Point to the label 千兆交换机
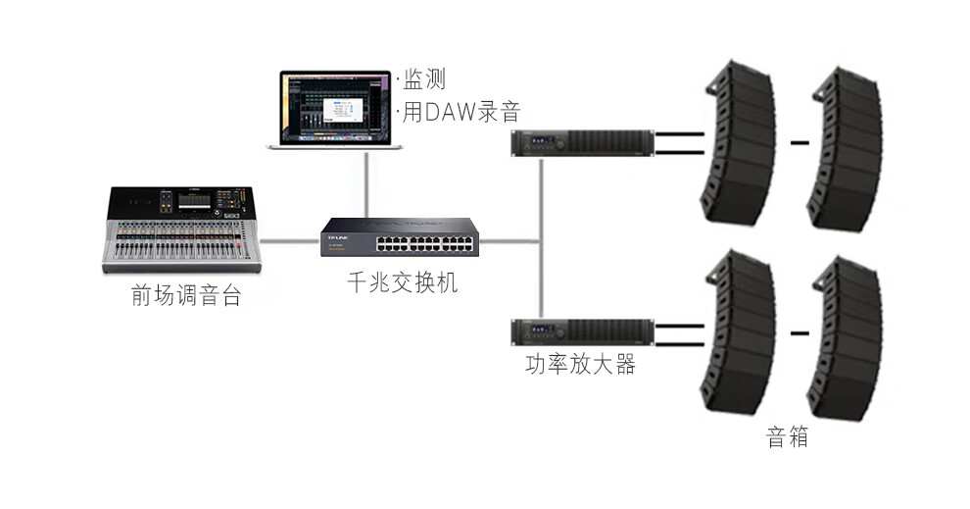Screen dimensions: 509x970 (x=402, y=283)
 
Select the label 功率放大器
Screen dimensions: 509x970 (x=580, y=365)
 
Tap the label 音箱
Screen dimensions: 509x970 (x=787, y=436)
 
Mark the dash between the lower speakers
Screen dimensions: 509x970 (x=800, y=333)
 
